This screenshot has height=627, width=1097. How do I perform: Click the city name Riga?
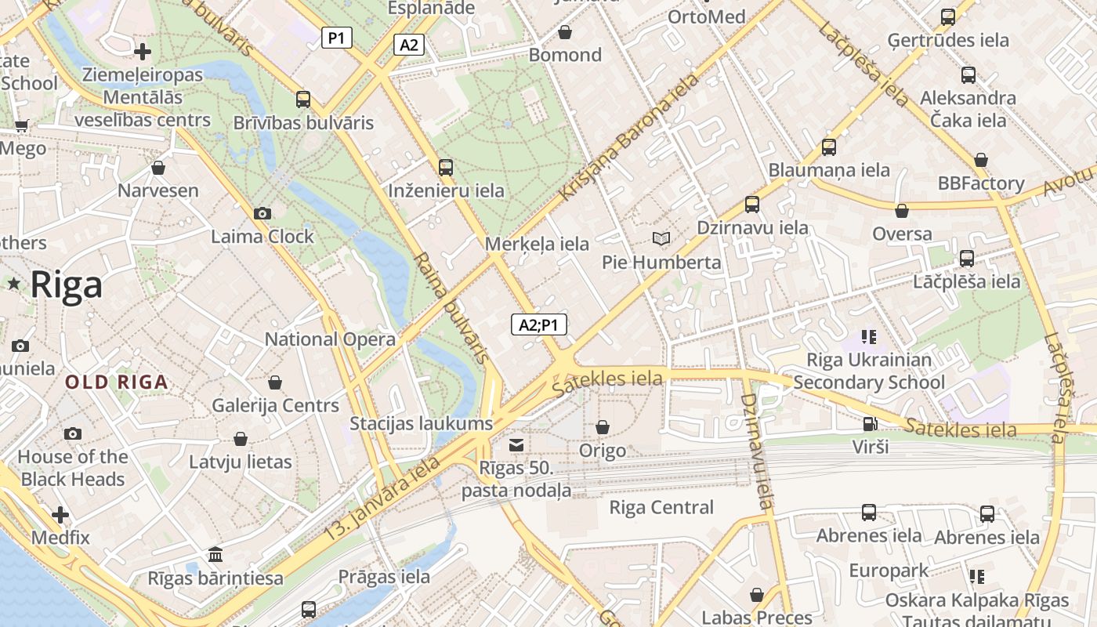(66, 285)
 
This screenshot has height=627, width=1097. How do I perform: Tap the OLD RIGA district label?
(117, 382)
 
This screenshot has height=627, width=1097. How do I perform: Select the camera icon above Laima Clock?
(262, 213)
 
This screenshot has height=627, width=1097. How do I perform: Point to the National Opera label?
(330, 339)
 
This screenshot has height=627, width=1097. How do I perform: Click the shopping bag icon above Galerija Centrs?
(275, 382)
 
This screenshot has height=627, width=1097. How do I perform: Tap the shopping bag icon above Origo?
(603, 427)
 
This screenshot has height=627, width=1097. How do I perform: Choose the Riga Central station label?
(661, 507)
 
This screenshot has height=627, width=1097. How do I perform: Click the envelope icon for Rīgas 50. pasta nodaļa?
(516, 445)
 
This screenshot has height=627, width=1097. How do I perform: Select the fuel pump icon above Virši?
(870, 424)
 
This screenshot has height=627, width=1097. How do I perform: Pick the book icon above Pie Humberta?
(661, 238)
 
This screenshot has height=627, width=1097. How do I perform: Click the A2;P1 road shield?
(539, 324)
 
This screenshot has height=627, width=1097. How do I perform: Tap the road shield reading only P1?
(337, 38)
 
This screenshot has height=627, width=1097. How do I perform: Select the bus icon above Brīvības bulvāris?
(303, 100)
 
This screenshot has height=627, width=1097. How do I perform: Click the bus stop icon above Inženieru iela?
(446, 167)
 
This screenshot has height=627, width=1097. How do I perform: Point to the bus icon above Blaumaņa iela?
(829, 147)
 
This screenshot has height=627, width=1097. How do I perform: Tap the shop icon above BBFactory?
(980, 161)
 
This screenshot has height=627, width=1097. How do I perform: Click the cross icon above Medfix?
(60, 515)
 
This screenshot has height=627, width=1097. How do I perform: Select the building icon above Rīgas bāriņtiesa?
(215, 556)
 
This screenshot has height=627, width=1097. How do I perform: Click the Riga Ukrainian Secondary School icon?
(868, 337)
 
